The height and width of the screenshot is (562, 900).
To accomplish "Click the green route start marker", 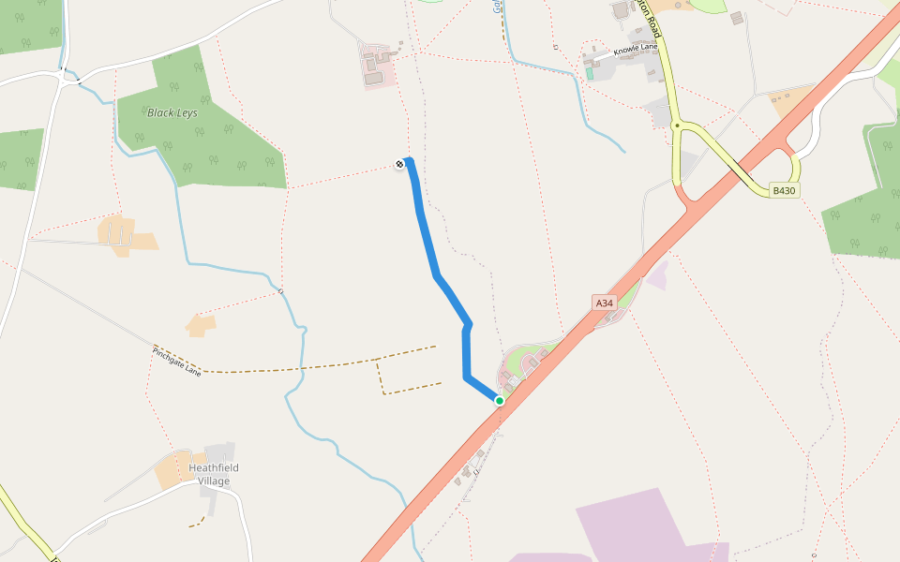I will coord(500,401).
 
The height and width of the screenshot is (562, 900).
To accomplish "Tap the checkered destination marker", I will coord(399,165).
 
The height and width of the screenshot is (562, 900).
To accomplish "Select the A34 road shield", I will coord(605,303).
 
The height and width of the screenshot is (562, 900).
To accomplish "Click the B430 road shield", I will coord(784,190).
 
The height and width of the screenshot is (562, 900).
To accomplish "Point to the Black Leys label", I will coord(172,112).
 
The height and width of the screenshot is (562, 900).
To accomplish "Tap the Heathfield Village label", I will coord(214,474).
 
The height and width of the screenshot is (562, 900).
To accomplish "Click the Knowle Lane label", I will coord(637,48).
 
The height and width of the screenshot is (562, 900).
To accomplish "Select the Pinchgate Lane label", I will coord(176,361).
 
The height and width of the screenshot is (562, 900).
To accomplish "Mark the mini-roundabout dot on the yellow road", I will coord(677,125).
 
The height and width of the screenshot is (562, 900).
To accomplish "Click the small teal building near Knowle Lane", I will coord(590,72).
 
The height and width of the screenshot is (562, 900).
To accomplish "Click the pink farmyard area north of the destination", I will coord(377,68).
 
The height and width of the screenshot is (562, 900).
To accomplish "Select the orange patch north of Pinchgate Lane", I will coord(201,325).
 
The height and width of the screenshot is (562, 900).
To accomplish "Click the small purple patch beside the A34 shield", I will coord(658,274).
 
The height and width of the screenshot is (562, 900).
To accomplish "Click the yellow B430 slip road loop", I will coord(795,169).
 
